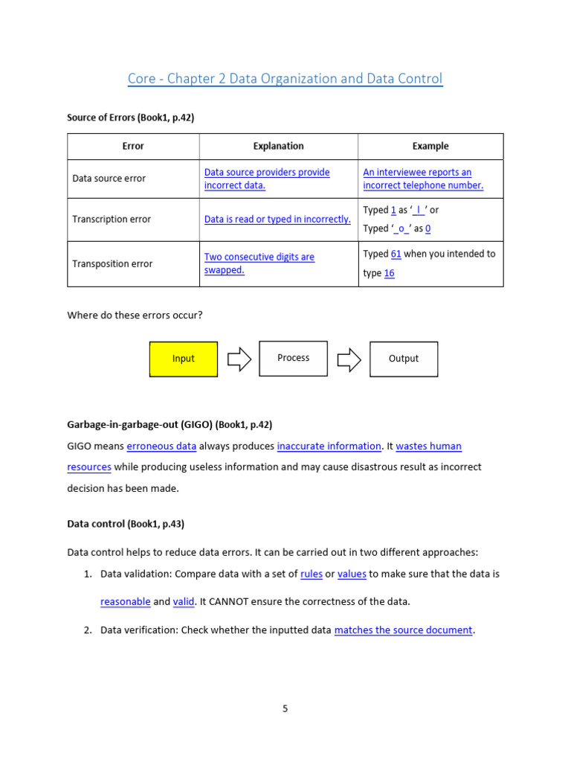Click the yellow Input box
point(184,359)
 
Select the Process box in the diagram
point(293,358)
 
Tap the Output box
point(404,359)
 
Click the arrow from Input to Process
point(239,359)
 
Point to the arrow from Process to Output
point(349,359)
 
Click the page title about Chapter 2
point(285,79)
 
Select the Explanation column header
point(278,146)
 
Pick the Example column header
point(430,146)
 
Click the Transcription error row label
point(112,220)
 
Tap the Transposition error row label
point(112,263)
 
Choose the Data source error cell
point(109,179)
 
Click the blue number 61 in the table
point(396,254)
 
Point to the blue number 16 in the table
point(389,273)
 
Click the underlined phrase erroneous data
point(161,446)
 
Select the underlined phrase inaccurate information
point(329,446)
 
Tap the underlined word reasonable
point(126,601)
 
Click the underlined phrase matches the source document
point(403,630)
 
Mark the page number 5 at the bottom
point(285,708)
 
